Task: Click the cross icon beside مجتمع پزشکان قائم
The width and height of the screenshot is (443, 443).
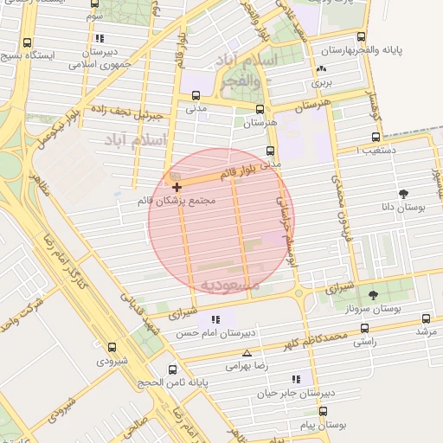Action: (x=177, y=187)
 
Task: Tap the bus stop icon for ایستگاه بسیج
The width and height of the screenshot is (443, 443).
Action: (x=28, y=42)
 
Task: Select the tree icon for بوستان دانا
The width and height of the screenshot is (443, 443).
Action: (x=403, y=194)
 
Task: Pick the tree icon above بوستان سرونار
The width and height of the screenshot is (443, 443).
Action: (x=373, y=295)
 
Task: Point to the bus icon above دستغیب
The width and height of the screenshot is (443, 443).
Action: (x=376, y=137)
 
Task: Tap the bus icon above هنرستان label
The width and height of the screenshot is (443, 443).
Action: (x=260, y=110)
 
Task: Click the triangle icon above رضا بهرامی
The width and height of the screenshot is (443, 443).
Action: (x=247, y=353)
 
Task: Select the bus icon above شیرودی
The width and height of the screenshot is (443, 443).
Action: (x=112, y=347)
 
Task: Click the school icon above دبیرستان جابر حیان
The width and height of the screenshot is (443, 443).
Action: (x=297, y=379)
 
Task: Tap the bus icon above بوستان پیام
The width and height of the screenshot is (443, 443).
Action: (x=323, y=412)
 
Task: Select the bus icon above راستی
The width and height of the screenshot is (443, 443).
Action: (x=364, y=329)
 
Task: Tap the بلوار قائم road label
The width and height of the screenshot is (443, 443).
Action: (x=239, y=173)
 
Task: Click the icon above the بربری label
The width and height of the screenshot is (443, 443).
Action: (x=322, y=69)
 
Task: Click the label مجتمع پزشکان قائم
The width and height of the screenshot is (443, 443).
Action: (x=176, y=201)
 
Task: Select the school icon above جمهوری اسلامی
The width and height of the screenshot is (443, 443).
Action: (x=101, y=38)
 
